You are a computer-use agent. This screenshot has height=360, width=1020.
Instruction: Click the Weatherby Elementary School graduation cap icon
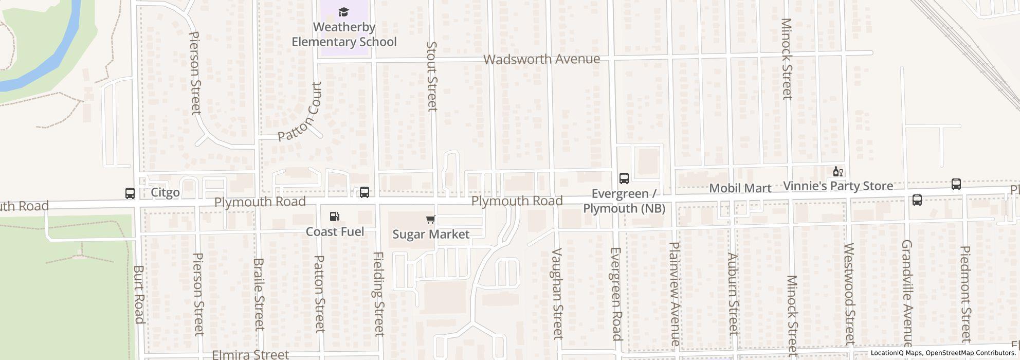point(343,12)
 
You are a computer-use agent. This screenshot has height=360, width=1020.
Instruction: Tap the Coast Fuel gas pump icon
point(334,217)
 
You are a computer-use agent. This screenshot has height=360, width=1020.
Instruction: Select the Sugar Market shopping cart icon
point(431,220)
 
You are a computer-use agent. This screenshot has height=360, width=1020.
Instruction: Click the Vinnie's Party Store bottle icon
point(837,171)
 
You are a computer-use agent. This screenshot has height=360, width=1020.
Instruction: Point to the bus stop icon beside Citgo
point(130,193)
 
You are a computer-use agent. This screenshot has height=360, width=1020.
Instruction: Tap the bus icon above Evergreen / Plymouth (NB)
point(624,178)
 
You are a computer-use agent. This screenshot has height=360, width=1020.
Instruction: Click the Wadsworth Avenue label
point(541,59)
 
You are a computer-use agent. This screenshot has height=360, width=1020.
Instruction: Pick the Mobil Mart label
point(740,188)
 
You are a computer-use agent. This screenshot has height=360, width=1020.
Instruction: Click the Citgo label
point(165,193)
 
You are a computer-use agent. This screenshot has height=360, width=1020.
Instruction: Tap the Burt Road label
point(139,294)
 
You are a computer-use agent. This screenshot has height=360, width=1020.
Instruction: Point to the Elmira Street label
point(250,354)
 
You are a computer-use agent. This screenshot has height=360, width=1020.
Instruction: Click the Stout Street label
point(432,76)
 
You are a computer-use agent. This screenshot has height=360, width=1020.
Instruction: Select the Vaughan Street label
point(557,293)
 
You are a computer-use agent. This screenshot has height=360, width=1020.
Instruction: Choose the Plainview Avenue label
point(675,294)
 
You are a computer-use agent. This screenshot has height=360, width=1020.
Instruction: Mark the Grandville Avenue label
point(907,293)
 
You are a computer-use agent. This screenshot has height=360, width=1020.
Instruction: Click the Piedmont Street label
point(966,294)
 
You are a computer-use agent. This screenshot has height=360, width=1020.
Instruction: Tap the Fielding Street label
point(379,294)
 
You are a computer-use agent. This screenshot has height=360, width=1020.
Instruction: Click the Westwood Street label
point(849,294)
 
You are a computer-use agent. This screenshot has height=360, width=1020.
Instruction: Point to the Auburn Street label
point(733,294)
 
